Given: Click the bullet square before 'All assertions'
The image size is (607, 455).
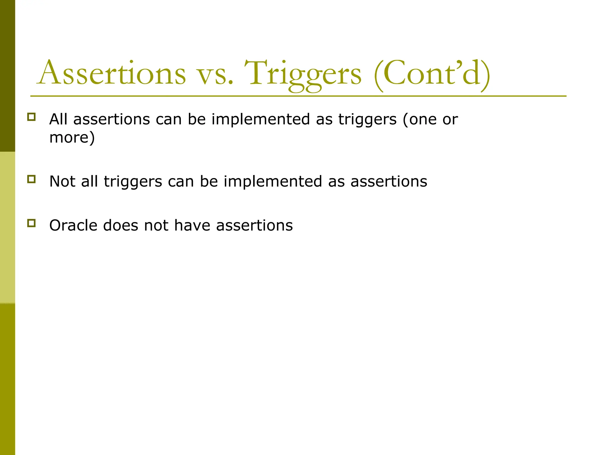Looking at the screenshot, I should click(31, 117).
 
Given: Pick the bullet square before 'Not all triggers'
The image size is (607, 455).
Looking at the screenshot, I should click(31, 179).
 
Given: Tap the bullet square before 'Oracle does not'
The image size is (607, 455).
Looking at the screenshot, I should click(31, 223).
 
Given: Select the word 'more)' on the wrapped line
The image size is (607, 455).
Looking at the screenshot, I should click(72, 137).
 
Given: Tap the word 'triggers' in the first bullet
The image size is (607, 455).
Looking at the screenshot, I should click(367, 120).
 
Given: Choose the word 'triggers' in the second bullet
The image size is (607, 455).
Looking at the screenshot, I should click(133, 182).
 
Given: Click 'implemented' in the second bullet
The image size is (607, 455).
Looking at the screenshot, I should click(273, 181).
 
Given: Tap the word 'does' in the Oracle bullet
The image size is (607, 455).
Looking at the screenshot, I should click(121, 225).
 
